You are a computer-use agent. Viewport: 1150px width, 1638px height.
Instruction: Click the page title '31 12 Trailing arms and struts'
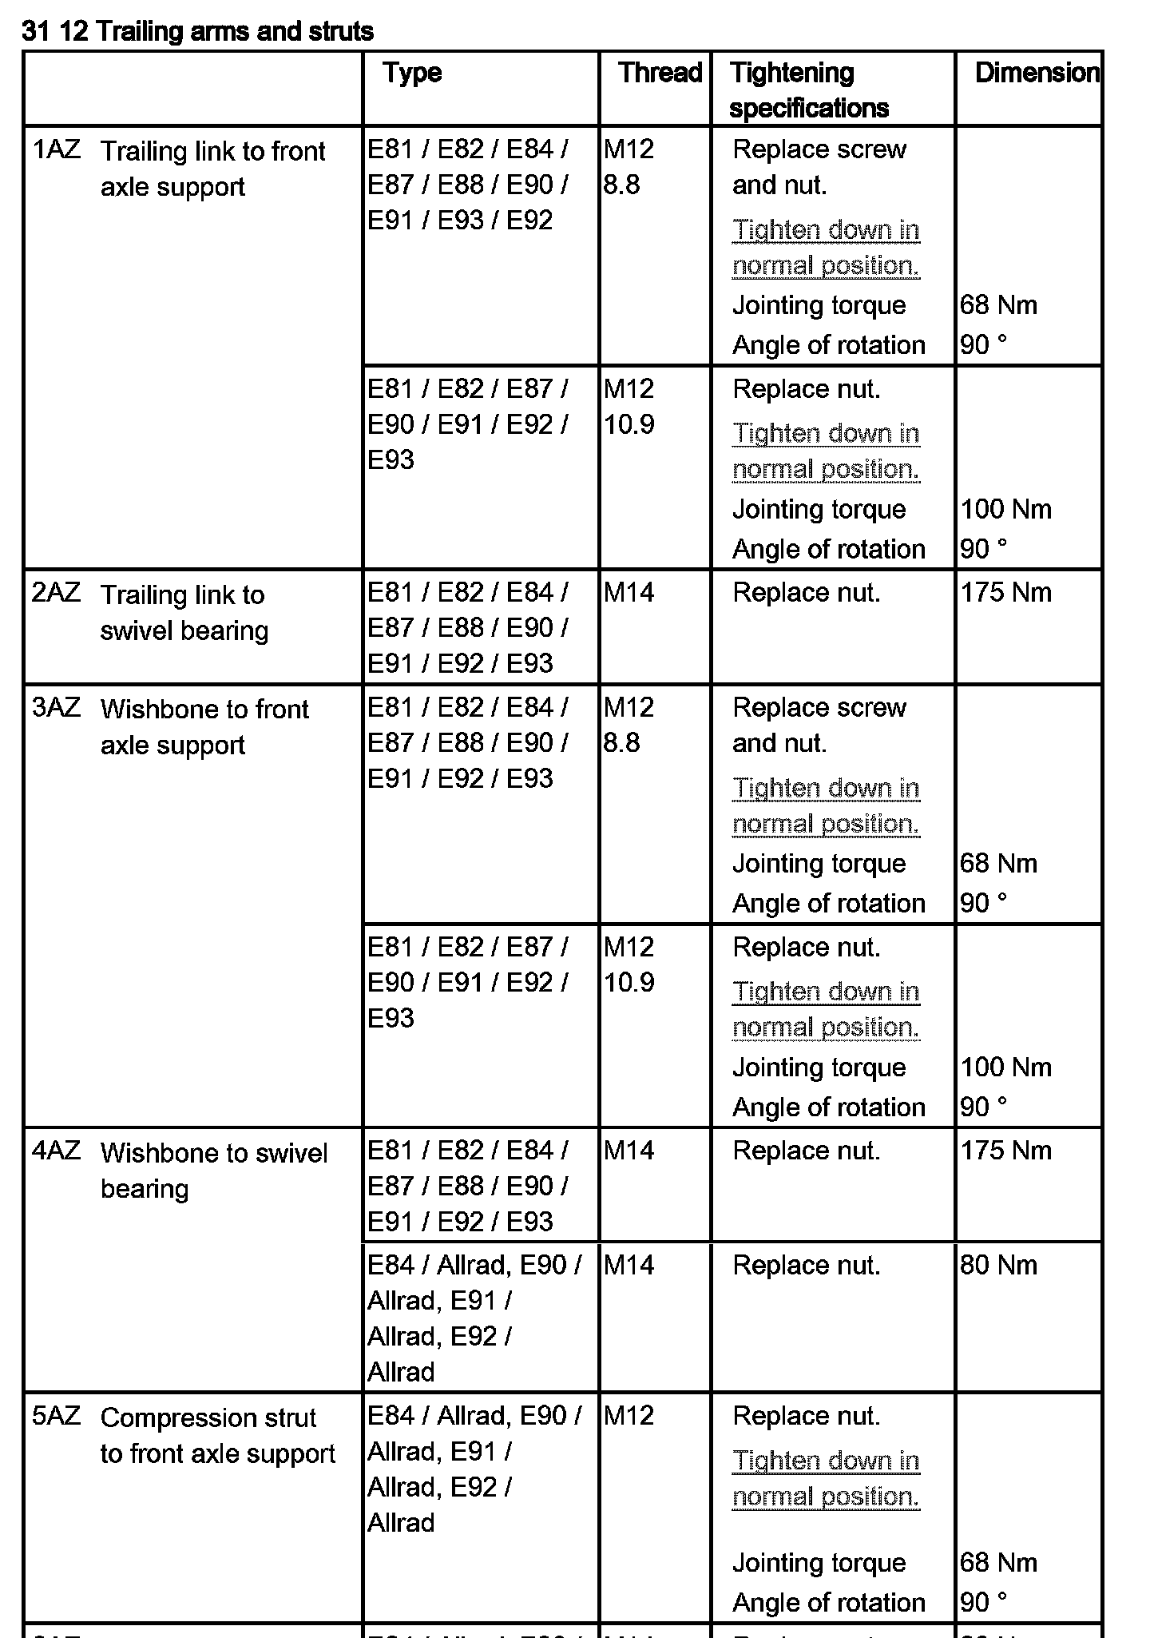198,31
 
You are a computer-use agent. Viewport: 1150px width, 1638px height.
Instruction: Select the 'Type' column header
412,73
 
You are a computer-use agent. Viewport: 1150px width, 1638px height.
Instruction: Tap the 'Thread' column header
660,73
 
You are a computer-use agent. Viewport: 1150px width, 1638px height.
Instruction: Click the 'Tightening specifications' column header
808,89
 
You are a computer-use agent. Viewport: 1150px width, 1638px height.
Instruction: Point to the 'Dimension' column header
1037,73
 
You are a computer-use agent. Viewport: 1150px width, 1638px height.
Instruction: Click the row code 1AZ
56,149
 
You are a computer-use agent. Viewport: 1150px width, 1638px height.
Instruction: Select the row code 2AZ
56,593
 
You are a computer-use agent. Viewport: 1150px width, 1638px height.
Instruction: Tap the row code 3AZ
56,708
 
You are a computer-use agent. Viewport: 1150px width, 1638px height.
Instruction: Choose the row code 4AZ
56,1151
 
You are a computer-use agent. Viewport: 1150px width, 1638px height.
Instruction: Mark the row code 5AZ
56,1417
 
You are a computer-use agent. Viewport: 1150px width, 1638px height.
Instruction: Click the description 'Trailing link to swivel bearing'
184,612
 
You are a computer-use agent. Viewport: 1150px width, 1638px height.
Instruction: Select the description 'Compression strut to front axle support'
217,1435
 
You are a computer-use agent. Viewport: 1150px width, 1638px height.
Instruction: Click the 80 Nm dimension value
998,1266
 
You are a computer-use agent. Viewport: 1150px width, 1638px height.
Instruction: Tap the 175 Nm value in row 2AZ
1005,593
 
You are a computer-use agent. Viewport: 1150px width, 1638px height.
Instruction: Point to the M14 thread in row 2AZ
629,593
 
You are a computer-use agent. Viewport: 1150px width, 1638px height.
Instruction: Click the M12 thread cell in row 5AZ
629,1416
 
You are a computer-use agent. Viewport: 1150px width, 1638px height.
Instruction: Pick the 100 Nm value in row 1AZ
1005,509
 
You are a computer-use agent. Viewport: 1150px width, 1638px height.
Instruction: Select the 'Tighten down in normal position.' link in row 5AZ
826,1478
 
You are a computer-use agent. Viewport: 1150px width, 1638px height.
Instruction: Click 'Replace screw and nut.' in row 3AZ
819,726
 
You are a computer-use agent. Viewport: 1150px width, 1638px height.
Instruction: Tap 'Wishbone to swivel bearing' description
214,1171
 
